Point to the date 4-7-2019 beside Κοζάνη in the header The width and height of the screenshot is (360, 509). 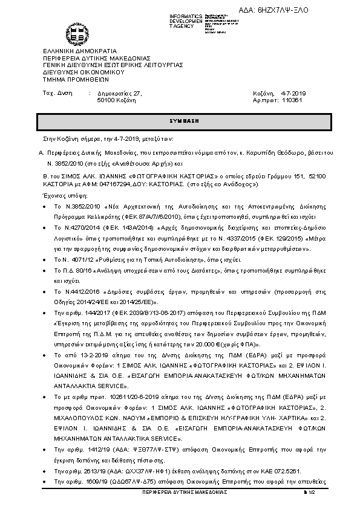point(295,93)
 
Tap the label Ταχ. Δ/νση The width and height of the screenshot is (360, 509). point(57,93)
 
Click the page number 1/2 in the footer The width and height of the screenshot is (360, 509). point(312,493)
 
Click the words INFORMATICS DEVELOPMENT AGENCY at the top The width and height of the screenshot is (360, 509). point(186,21)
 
